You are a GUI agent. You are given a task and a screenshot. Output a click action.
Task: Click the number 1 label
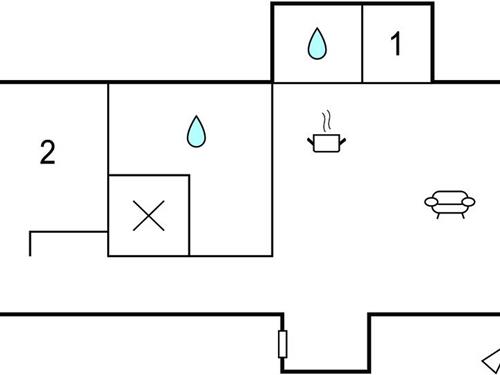(x=396, y=44)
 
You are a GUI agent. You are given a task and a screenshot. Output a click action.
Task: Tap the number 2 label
(x=47, y=153)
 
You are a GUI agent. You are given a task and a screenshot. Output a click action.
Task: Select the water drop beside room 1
(x=317, y=43)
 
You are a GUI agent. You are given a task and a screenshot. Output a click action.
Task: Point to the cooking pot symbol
(x=326, y=143)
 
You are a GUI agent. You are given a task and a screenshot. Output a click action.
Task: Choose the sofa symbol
(x=450, y=203)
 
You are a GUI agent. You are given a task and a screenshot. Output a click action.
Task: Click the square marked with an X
(x=148, y=215)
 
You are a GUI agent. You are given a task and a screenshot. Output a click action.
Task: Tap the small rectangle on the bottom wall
(x=282, y=344)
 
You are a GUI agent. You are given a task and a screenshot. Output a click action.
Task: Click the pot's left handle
(x=311, y=141)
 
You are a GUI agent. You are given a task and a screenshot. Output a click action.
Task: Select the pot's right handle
(x=341, y=141)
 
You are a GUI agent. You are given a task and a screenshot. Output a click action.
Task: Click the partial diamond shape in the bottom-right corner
(x=491, y=360)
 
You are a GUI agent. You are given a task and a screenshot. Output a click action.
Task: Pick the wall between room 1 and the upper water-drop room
(x=361, y=42)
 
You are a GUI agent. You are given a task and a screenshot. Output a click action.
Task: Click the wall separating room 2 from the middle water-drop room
(x=108, y=130)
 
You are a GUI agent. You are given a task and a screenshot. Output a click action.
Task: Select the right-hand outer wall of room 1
(x=432, y=42)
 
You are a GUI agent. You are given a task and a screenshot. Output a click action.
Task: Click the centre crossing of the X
(x=148, y=215)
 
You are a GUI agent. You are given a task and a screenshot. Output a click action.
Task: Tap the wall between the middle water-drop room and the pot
(x=272, y=170)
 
